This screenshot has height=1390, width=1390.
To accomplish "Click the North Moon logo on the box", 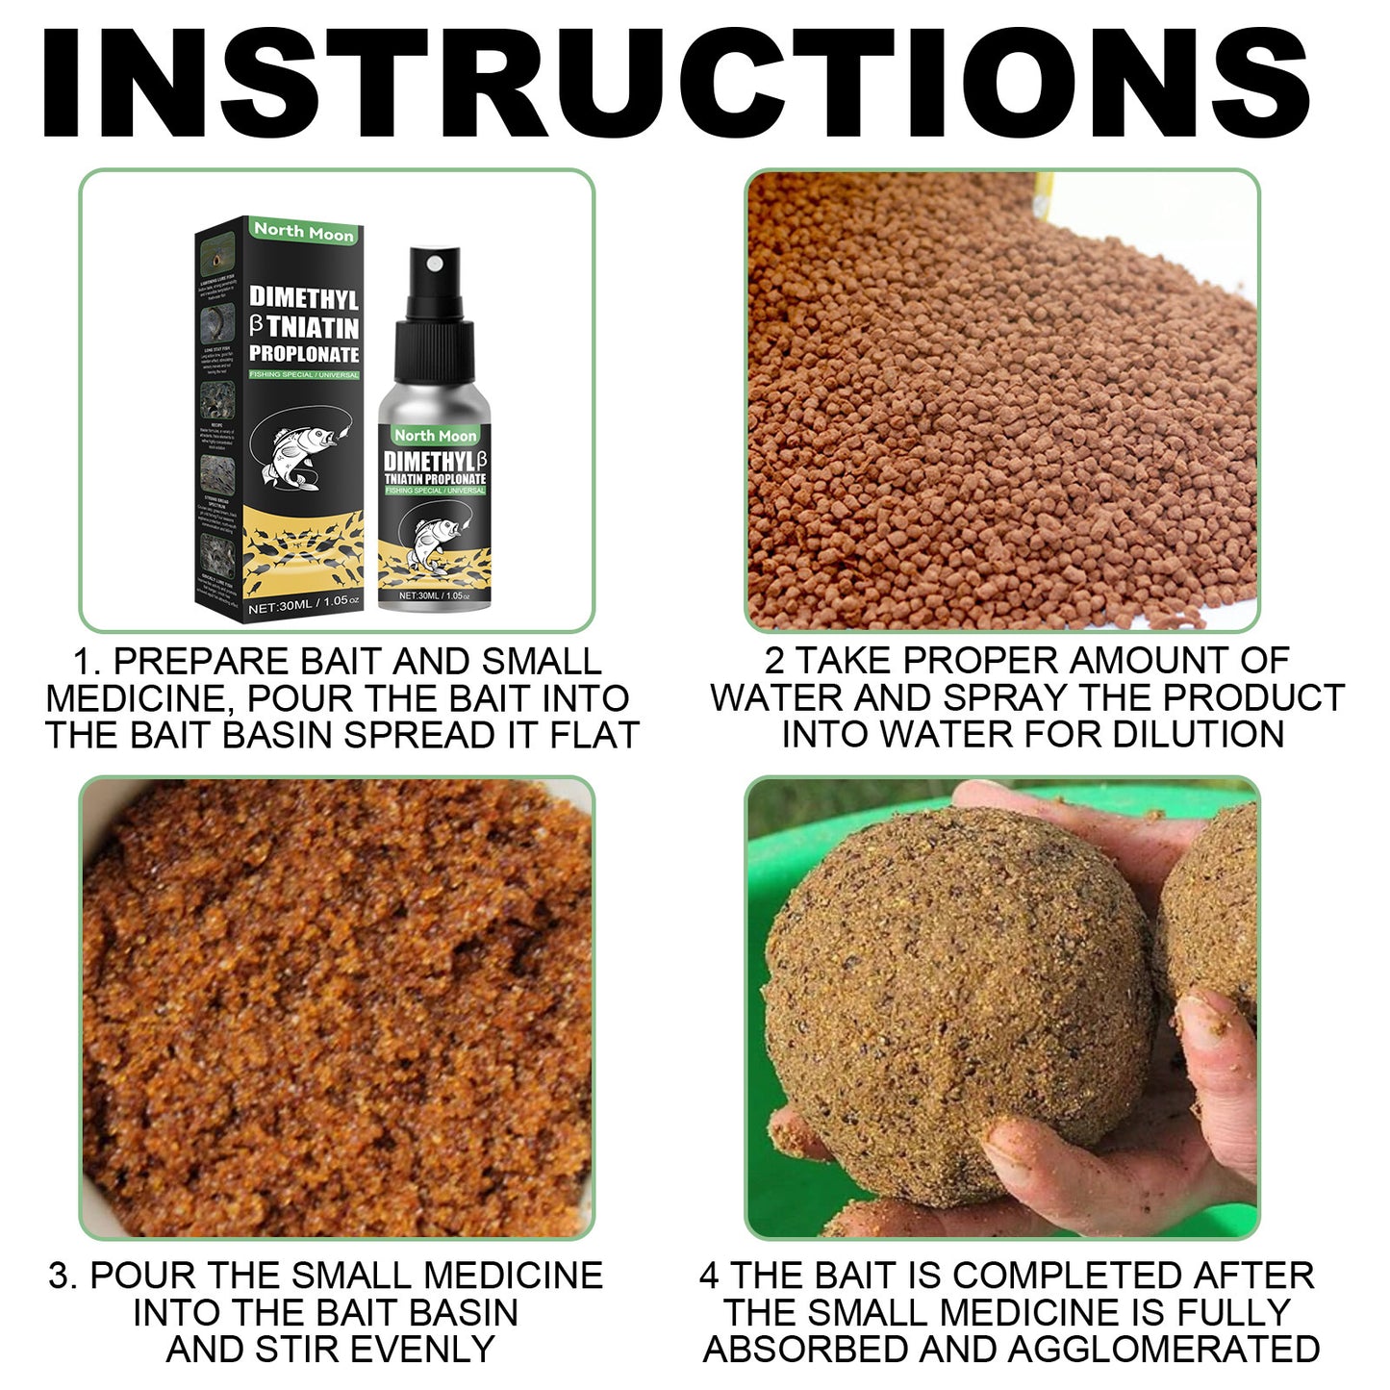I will click(303, 232).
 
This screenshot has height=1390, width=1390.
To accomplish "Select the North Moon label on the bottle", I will click(435, 436).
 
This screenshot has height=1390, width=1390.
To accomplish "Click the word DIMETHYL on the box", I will click(304, 298).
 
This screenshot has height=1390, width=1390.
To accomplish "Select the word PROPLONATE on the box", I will click(304, 355).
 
